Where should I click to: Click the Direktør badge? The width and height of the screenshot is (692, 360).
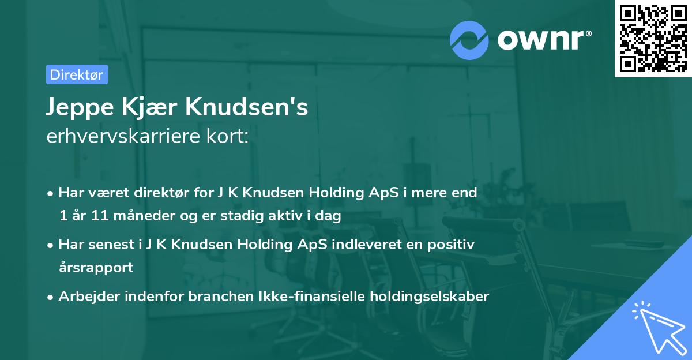pyautogui.click(x=77, y=74)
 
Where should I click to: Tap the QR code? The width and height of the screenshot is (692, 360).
pyautogui.click(x=653, y=38)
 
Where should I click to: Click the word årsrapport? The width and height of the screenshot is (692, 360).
pyautogui.click(x=96, y=268)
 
